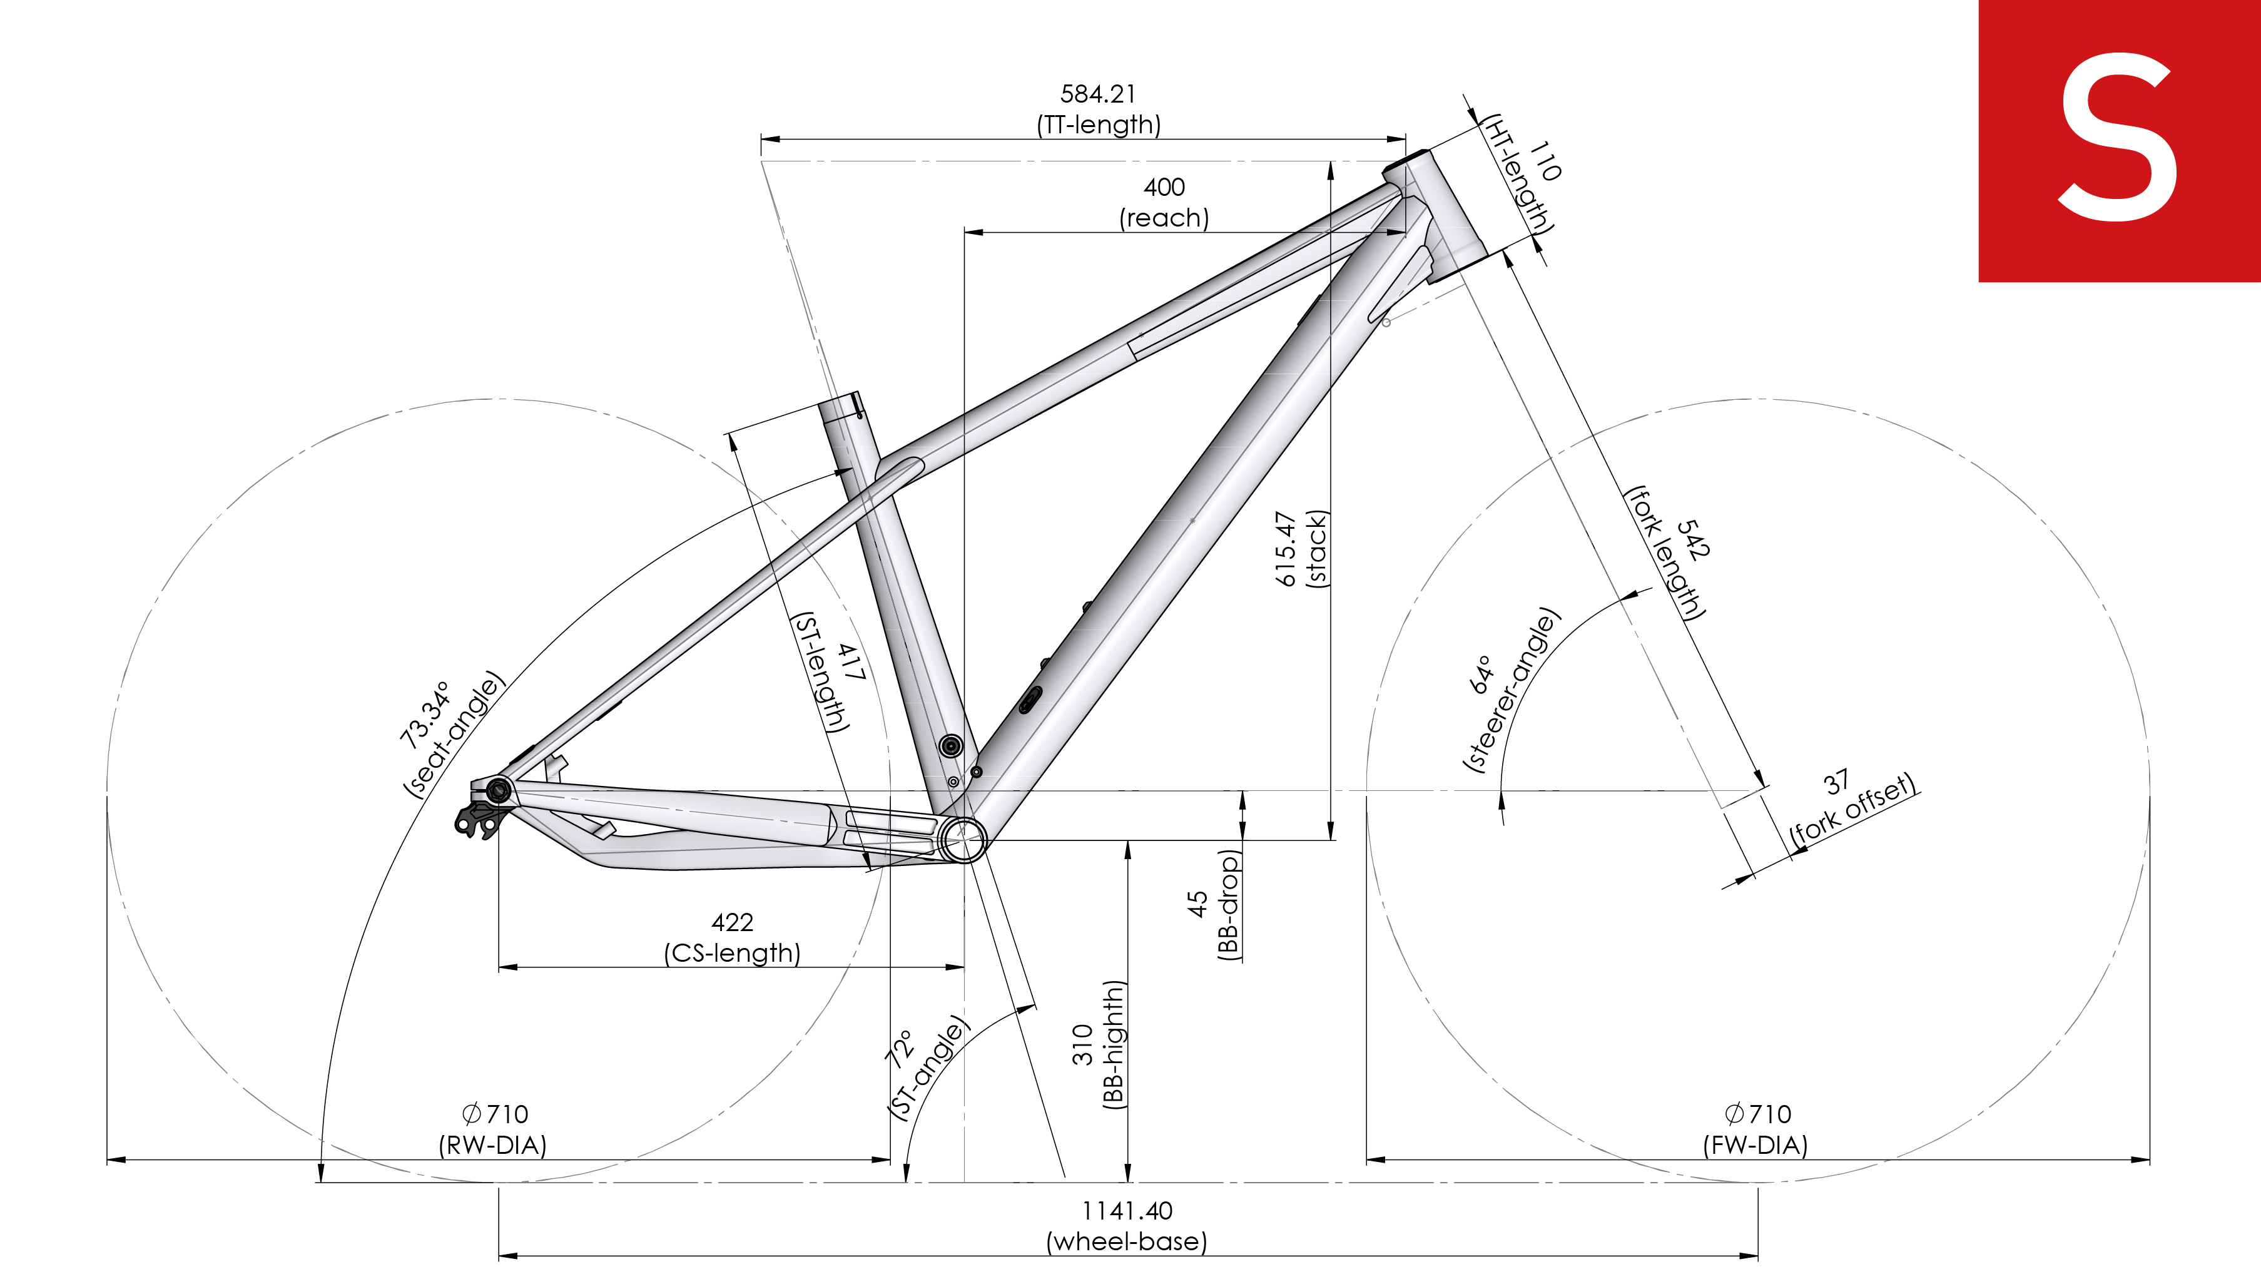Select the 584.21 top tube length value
[x=1098, y=94]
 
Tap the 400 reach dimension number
[x=1164, y=187]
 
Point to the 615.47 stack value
[x=1285, y=549]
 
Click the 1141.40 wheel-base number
[x=1127, y=1211]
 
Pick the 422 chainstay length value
[x=732, y=922]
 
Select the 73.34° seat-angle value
[x=427, y=714]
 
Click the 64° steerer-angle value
[x=1481, y=675]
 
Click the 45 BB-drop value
[x=1198, y=904]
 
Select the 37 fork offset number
[x=1836, y=782]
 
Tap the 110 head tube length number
[x=1545, y=161]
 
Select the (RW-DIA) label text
[x=492, y=1145]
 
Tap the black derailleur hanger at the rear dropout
[x=479, y=818]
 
